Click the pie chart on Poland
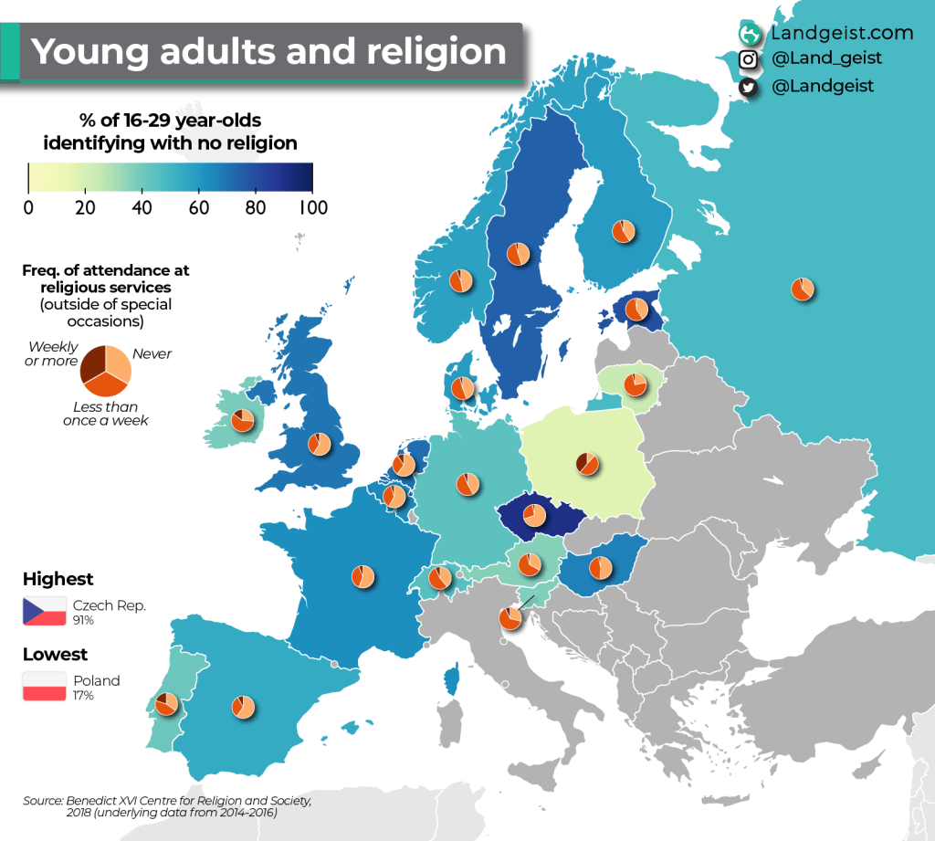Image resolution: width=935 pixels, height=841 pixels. point(587,464)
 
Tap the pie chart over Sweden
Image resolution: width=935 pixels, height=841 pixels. point(519,253)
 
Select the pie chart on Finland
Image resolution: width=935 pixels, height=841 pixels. point(624,231)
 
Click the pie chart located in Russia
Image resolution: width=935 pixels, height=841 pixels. point(802,289)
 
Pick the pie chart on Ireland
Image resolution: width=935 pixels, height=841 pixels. point(243,420)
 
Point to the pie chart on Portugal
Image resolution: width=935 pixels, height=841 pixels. point(166,704)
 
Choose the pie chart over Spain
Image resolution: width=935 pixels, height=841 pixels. point(243,707)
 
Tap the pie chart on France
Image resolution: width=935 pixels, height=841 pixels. point(362,576)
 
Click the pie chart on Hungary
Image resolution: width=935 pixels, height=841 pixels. point(601,567)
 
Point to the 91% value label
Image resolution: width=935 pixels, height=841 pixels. point(84,620)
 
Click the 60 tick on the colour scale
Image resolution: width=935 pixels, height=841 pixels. point(198,207)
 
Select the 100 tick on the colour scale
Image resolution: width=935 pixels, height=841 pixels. point(312,207)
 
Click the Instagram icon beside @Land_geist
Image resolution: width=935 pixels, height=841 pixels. point(749,59)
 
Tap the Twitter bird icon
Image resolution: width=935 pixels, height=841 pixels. point(749,87)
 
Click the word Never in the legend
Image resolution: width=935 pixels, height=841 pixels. point(152,353)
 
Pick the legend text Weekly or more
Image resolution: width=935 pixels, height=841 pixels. point(53,354)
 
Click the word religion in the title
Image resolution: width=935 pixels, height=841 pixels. point(436,51)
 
